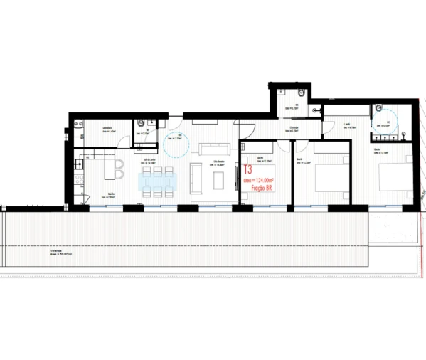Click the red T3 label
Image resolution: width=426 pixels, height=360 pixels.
(x=247, y=171)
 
